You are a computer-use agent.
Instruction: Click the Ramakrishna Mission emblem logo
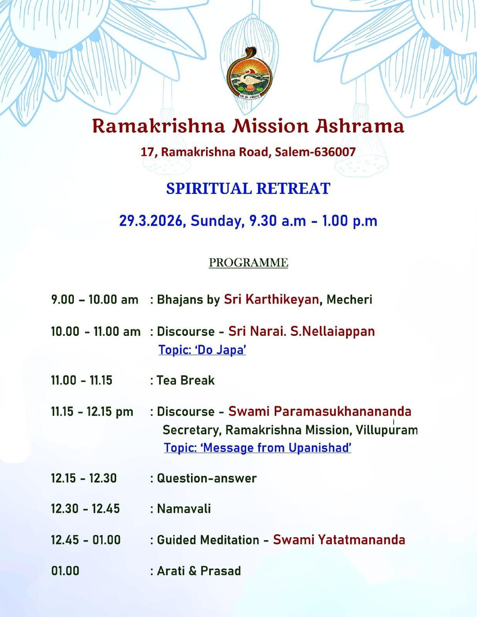[249, 74]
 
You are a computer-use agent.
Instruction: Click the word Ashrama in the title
[359, 126]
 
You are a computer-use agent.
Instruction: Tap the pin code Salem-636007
[315, 152]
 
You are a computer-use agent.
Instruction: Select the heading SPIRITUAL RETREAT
[248, 188]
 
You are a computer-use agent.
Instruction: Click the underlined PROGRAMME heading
[248, 263]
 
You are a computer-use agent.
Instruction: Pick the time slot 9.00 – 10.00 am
[95, 300]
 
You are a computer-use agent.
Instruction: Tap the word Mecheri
[349, 300]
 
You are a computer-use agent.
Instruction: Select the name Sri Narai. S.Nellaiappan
[301, 331]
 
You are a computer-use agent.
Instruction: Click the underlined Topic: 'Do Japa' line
[202, 350]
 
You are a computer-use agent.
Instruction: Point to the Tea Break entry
[186, 381]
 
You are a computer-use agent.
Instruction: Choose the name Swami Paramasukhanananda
[320, 411]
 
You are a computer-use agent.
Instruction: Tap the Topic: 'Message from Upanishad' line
[257, 448]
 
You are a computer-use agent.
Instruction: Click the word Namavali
[184, 509]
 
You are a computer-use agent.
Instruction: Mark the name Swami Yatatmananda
[339, 540]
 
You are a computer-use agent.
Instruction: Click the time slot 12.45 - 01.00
[86, 540]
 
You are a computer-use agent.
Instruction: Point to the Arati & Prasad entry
[199, 571]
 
